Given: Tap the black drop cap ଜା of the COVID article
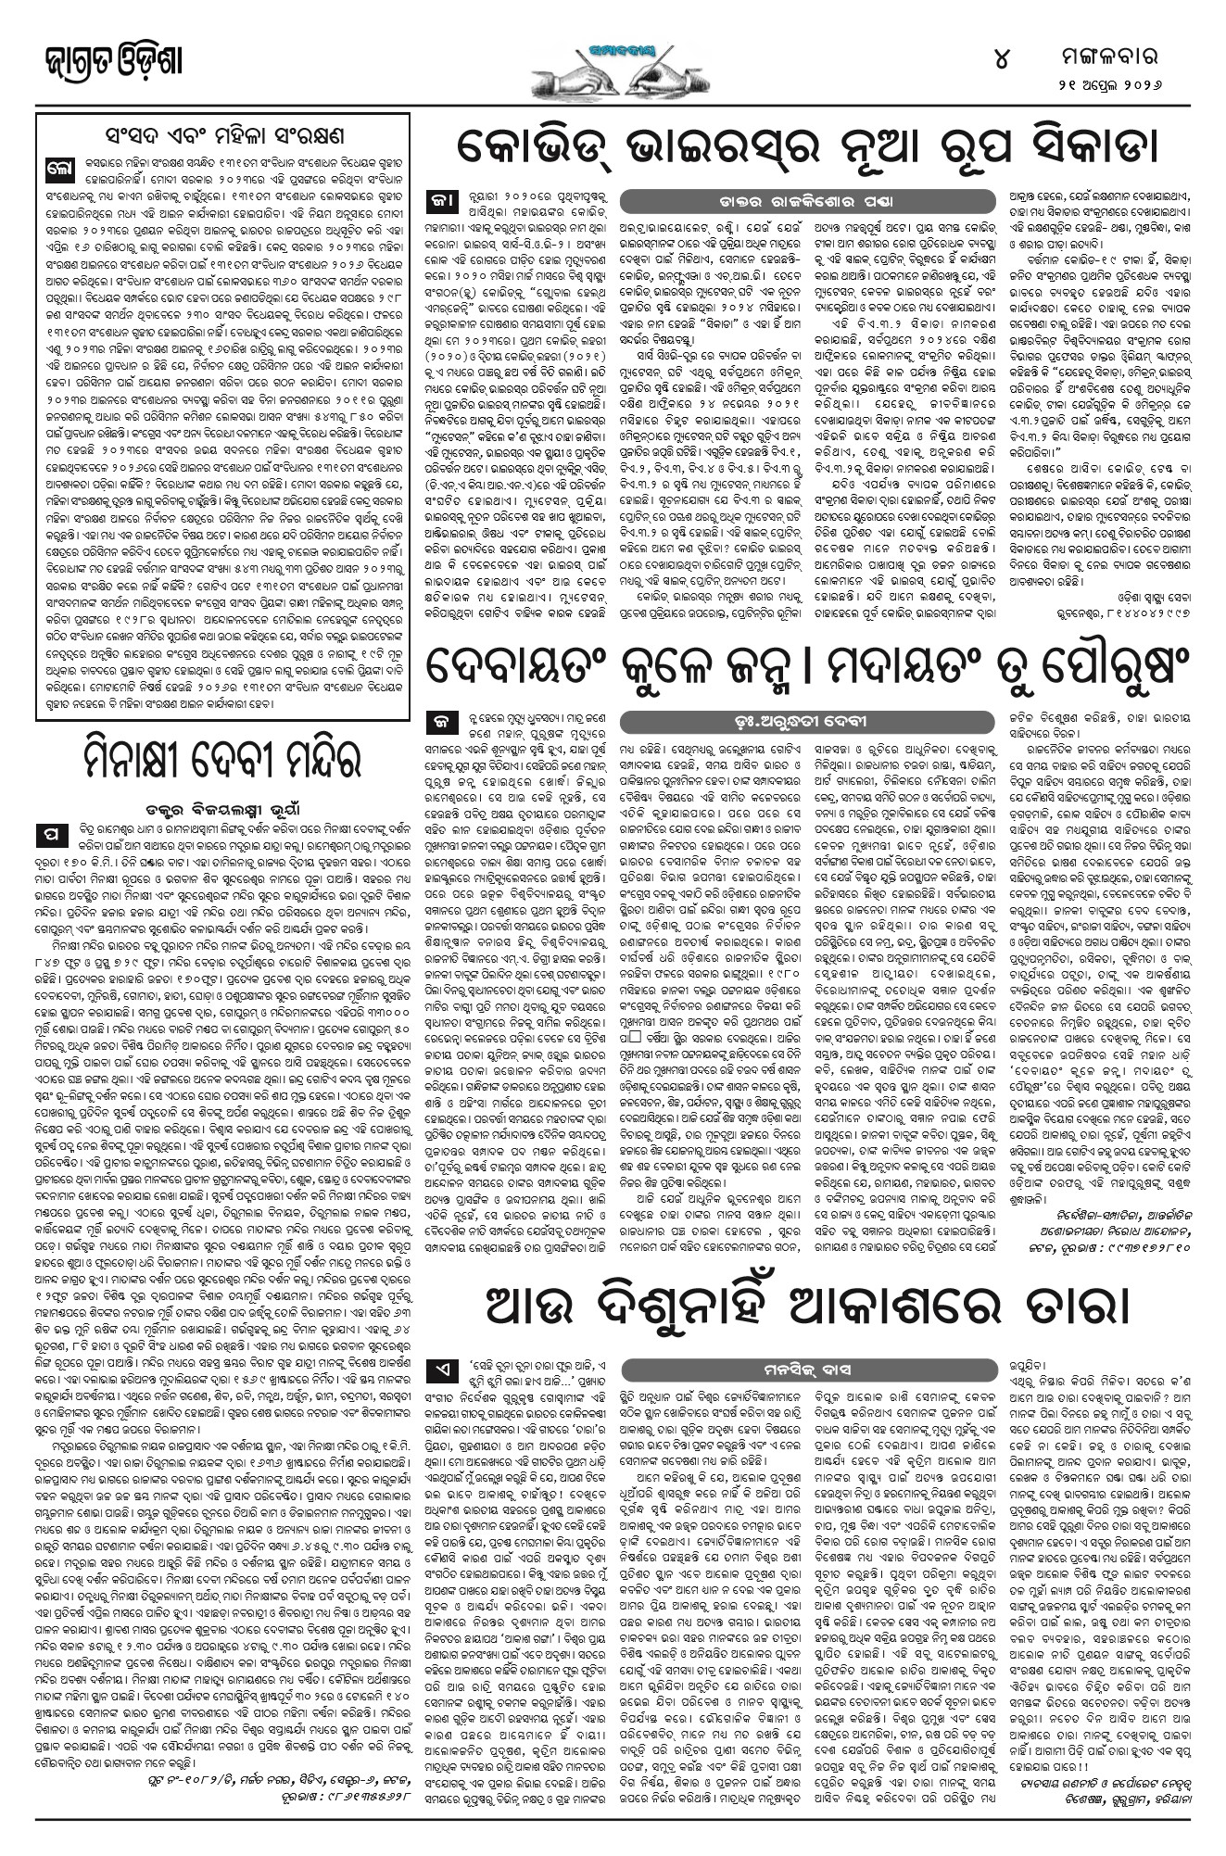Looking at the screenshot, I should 437,201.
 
